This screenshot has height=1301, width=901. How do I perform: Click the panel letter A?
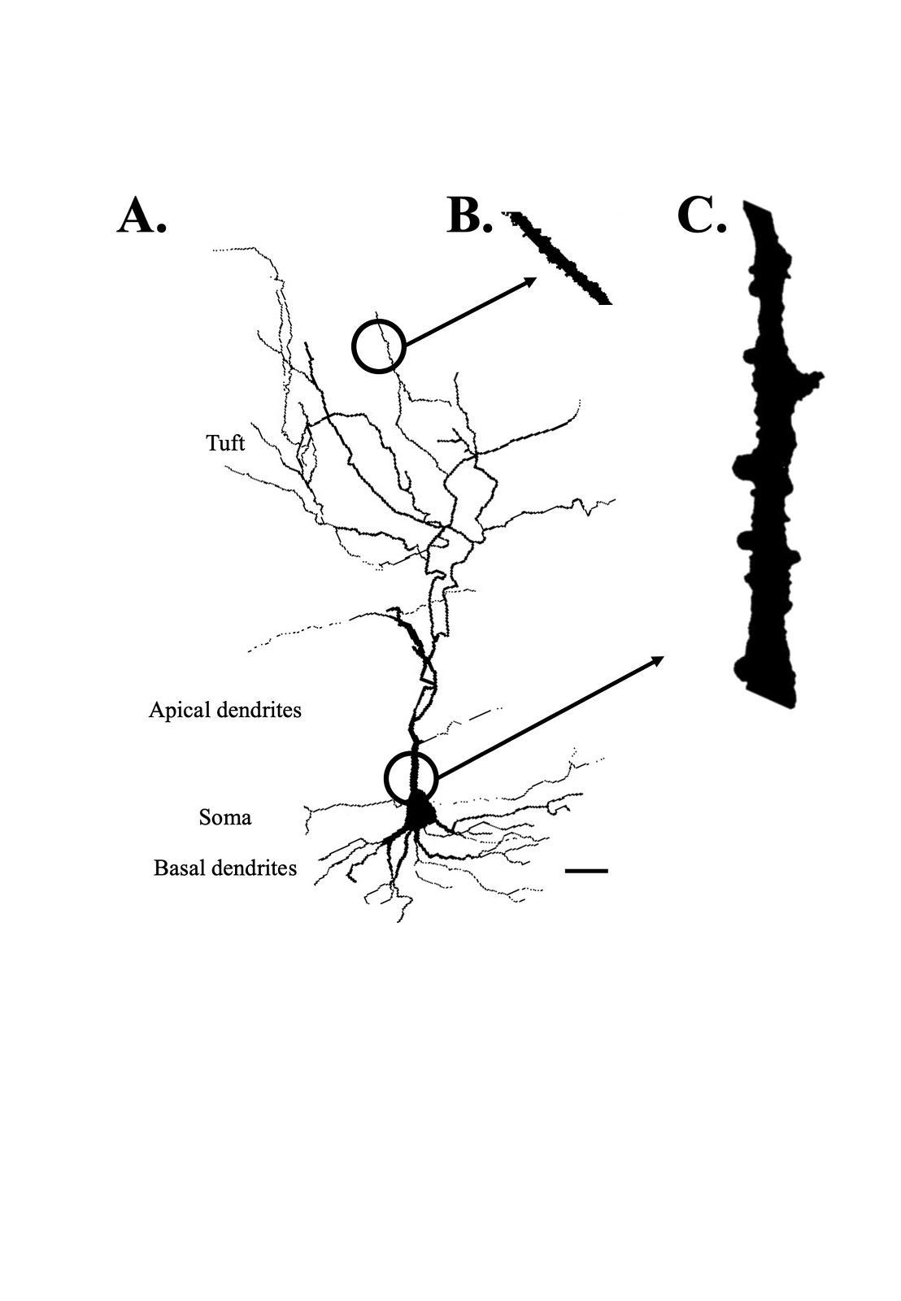pos(142,216)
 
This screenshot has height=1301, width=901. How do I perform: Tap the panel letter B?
pos(469,216)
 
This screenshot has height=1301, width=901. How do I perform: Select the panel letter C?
pos(702,216)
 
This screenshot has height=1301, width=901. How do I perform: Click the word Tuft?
pos(225,443)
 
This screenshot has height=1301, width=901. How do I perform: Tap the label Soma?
pos(224,818)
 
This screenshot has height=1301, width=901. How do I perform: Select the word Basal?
pos(176,868)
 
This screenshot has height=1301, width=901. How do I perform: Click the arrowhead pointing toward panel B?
pos(530,281)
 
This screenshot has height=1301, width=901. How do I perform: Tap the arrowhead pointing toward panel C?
pos(657,659)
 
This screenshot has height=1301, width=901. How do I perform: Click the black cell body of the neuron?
pos(418,810)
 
